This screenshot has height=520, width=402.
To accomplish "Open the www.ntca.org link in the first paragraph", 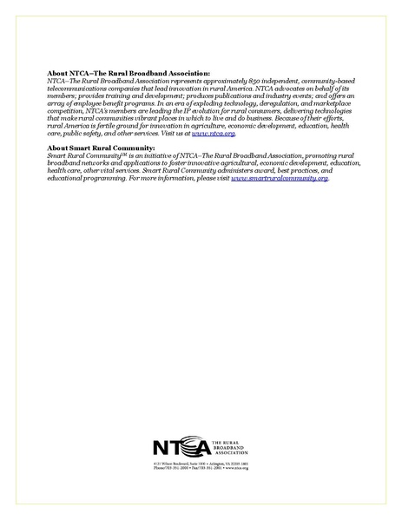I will [x=214, y=134].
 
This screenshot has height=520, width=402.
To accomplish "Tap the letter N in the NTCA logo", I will [x=159, y=449].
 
